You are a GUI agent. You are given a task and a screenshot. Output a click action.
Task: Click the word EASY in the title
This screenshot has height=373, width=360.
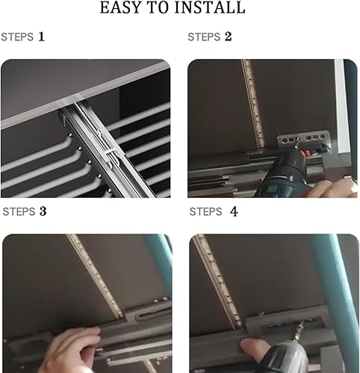121,7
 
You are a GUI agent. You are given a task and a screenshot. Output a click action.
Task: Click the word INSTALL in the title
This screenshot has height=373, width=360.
210,7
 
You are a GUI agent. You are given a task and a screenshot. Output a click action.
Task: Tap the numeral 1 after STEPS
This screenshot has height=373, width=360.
41,37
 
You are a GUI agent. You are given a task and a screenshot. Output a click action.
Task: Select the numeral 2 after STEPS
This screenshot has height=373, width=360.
229,37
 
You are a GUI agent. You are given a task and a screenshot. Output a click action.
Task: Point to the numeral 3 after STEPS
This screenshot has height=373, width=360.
43,211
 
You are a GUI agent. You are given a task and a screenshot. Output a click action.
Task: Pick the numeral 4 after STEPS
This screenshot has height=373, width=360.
234,212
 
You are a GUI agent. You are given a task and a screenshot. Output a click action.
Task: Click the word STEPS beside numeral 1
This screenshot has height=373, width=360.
17,37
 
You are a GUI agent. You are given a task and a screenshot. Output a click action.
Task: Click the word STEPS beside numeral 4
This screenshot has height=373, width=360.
205,212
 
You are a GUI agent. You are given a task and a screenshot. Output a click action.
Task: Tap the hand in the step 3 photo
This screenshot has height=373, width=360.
72,349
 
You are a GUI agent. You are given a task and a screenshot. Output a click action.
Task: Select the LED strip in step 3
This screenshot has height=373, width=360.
95,276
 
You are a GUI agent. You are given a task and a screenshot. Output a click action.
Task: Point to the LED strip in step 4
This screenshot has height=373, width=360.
217,281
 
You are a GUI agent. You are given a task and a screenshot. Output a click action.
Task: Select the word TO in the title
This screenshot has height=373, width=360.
158,7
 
